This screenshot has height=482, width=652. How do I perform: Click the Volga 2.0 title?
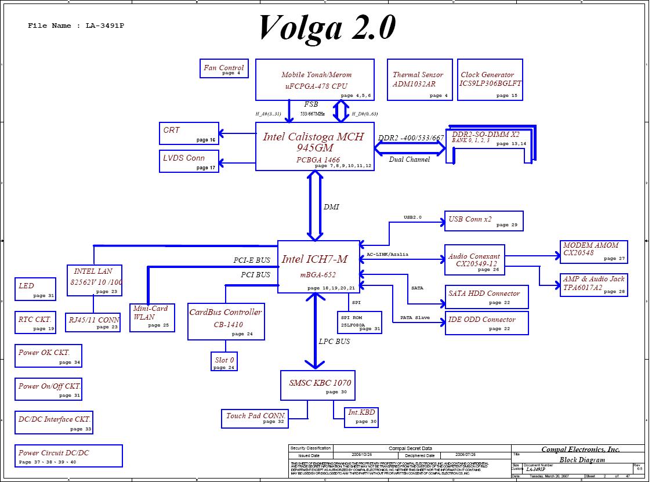pyautogui.click(x=327, y=27)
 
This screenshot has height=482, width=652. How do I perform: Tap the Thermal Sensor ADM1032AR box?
pyautogui.click(x=418, y=79)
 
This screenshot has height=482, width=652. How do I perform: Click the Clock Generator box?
pyautogui.click(x=491, y=79)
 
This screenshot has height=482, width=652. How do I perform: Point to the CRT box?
pyautogui.click(x=189, y=133)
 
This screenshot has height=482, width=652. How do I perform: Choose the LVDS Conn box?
pyautogui.click(x=189, y=161)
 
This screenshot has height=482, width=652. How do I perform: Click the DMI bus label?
pyautogui.click(x=331, y=206)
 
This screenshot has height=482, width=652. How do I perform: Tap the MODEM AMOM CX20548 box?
pyautogui.click(x=593, y=251)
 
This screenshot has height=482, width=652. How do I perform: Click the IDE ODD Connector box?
pyautogui.click(x=486, y=323)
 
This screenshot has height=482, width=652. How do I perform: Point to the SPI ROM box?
pyautogui.click(x=360, y=322)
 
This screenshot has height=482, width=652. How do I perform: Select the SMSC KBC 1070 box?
pyautogui.click(x=320, y=385)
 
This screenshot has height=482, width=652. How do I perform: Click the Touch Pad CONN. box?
pyautogui.click(x=255, y=418)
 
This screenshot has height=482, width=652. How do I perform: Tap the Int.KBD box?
pyautogui.click(x=361, y=416)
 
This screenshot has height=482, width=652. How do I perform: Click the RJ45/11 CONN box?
pyautogui.click(x=93, y=322)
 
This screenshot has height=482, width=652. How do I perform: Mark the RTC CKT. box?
pyautogui.click(x=36, y=322)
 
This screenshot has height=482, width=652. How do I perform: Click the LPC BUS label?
pyautogui.click(x=335, y=341)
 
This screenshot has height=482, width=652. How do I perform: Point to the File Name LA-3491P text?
pyautogui.click(x=76, y=26)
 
